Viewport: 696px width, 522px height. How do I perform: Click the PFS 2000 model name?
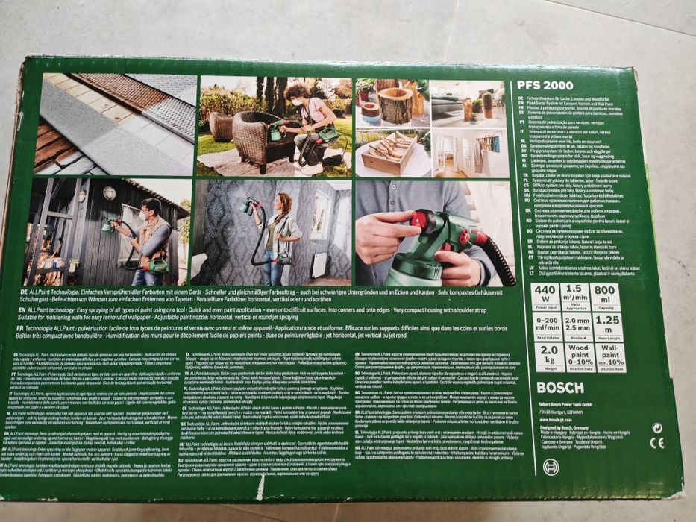(545, 85)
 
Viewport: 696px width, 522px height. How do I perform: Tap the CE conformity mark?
(656, 442)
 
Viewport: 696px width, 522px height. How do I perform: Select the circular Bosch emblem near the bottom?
(551, 467)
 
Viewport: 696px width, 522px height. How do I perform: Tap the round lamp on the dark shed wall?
(109, 193)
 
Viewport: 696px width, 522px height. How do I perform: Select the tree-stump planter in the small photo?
(395, 104)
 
